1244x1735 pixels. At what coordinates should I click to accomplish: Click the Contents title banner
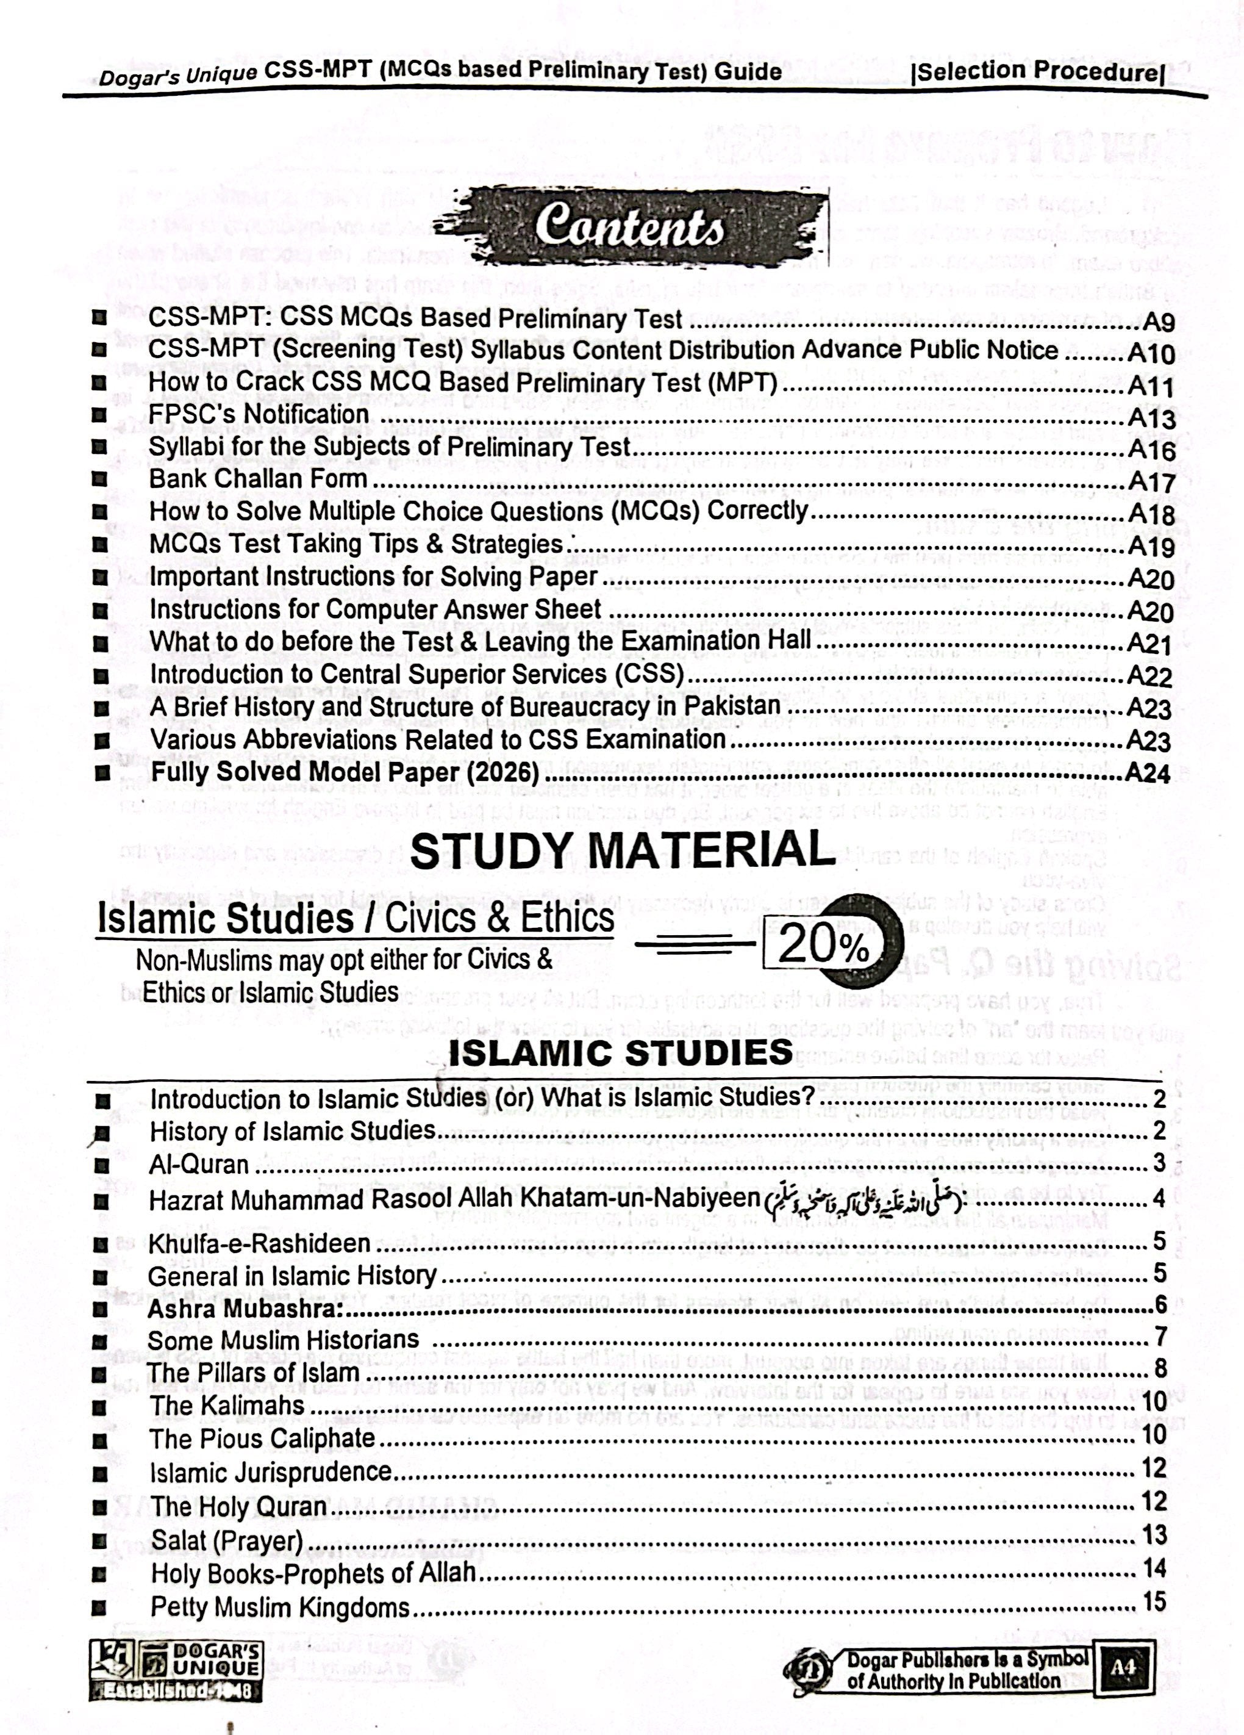[x=629, y=227]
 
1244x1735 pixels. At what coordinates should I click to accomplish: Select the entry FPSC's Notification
[x=259, y=414]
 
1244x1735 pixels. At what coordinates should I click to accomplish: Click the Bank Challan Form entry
[x=259, y=479]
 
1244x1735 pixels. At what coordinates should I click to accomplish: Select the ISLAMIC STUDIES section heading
[x=621, y=1052]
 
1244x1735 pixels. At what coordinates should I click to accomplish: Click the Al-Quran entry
[x=199, y=1165]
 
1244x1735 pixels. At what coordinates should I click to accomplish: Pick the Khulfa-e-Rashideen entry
[x=259, y=1243]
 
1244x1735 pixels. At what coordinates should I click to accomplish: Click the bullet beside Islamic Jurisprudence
[x=97, y=1473]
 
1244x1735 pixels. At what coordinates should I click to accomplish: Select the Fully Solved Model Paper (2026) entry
[x=345, y=773]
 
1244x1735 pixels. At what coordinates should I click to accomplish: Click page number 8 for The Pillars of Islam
[x=1160, y=1368]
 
